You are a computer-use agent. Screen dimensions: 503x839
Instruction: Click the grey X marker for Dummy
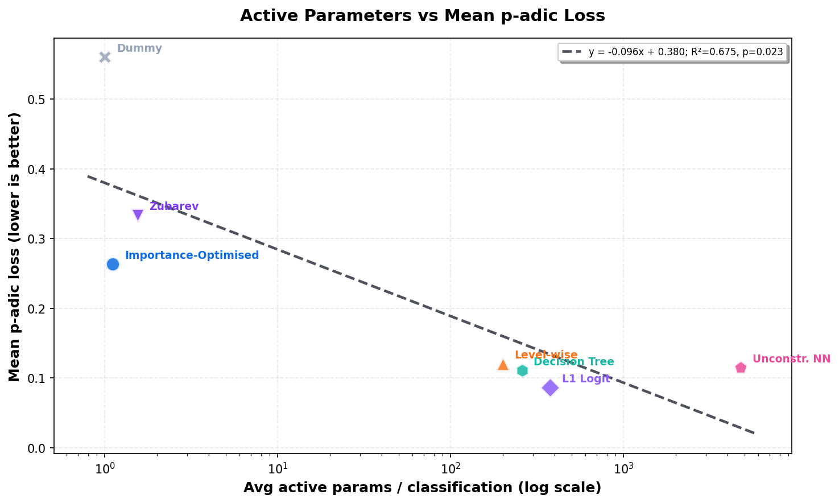click(x=105, y=57)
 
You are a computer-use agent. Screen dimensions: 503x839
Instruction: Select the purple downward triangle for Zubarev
click(x=138, y=215)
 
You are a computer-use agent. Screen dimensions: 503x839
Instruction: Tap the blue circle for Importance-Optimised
click(x=113, y=264)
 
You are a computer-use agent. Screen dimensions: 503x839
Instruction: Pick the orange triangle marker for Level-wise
click(x=503, y=364)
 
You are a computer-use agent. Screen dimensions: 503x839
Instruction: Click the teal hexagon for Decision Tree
click(x=522, y=370)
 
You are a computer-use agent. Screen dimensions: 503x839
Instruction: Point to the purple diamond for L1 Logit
click(x=550, y=387)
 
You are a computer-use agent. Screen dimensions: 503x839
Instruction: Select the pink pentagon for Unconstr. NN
click(x=741, y=368)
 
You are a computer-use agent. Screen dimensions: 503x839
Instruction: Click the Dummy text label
click(x=139, y=48)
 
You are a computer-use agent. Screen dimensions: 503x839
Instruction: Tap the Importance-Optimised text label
click(x=192, y=255)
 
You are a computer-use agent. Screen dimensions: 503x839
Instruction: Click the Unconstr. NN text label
click(x=791, y=359)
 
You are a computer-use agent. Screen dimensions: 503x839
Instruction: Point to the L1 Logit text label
click(x=586, y=379)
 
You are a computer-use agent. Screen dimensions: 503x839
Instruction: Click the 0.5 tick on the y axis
click(x=36, y=100)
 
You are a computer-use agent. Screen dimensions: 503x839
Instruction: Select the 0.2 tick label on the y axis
click(x=36, y=309)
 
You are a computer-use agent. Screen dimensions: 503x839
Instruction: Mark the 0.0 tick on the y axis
click(x=36, y=448)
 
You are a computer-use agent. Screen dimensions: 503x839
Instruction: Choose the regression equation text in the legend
click(x=685, y=52)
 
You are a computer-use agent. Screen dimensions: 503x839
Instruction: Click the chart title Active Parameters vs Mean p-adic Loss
click(x=422, y=15)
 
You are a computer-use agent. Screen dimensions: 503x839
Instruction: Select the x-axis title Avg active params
click(x=422, y=488)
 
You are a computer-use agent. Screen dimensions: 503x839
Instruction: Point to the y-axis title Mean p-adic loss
click(x=15, y=246)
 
